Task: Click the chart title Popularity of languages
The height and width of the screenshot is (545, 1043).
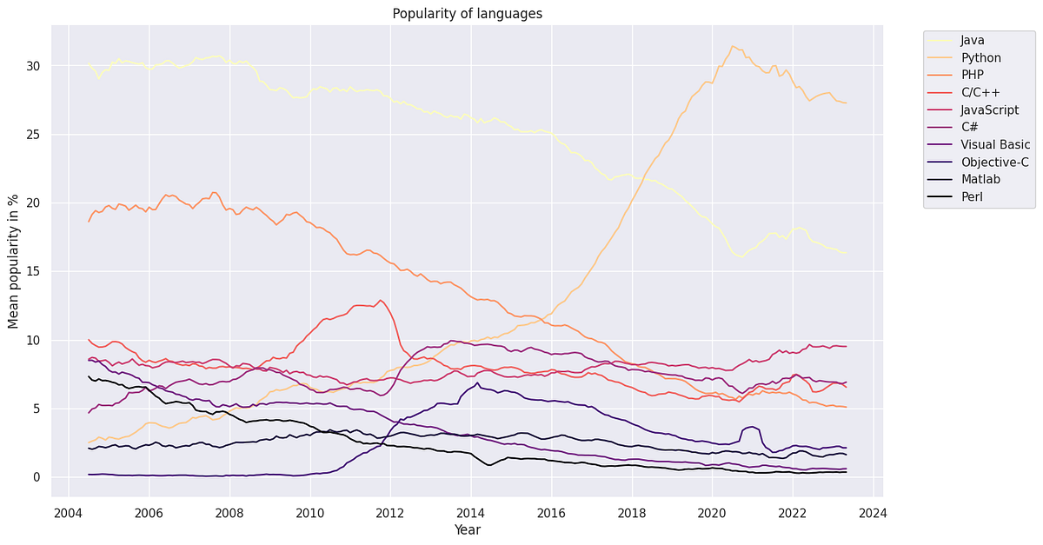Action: pyautogui.click(x=468, y=13)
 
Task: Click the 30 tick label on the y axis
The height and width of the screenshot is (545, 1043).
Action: pyautogui.click(x=34, y=66)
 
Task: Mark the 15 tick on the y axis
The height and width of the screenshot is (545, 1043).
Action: pyautogui.click(x=34, y=271)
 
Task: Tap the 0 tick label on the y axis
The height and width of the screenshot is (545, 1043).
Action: pyautogui.click(x=37, y=477)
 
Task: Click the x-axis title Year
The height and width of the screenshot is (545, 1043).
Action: pyautogui.click(x=468, y=529)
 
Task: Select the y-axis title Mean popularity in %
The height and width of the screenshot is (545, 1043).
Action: pyautogui.click(x=13, y=261)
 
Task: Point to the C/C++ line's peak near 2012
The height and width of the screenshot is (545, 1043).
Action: pyautogui.click(x=380, y=300)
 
